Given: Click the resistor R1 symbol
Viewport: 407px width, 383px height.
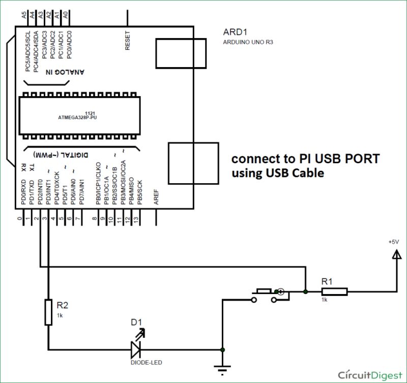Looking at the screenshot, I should coord(334,291).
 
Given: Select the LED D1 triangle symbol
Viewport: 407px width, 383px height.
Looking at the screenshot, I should coord(136,349).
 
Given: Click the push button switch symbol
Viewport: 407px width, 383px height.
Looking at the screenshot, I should coord(266,295).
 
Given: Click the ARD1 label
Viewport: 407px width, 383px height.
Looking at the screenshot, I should coord(234,32).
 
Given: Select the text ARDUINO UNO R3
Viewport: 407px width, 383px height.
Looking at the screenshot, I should coord(248,43).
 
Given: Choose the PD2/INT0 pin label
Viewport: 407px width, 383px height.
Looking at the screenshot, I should coord(40,190).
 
